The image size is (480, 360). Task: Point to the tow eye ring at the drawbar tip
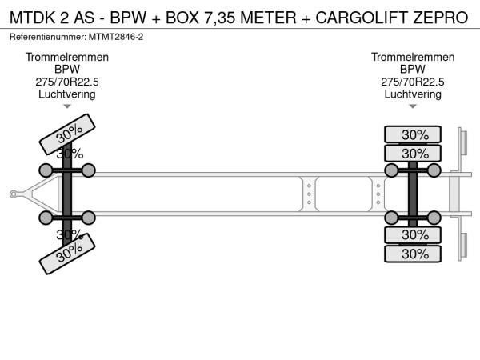pyautogui.click(x=14, y=193)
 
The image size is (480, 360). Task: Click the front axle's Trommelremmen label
pyautogui.click(x=67, y=58)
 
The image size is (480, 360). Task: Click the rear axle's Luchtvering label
pyautogui.click(x=413, y=94)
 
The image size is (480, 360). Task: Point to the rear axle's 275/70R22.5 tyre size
pyautogui.click(x=413, y=82)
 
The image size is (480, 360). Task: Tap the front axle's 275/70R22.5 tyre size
pyautogui.click(x=67, y=82)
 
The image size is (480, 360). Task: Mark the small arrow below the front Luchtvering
pyautogui.click(x=67, y=106)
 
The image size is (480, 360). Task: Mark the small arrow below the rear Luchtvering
pyautogui.click(x=413, y=106)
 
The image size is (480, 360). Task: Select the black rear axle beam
pyautogui.click(x=413, y=194)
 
